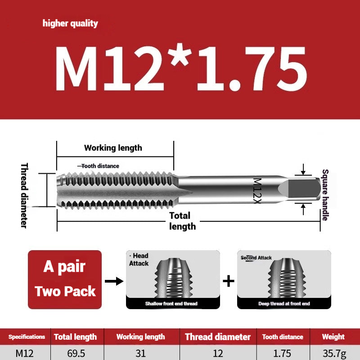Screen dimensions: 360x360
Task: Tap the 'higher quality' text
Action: pos(70,23)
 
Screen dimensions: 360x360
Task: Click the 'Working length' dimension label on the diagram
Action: pos(113,148)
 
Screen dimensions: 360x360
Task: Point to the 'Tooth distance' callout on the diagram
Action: pos(100,166)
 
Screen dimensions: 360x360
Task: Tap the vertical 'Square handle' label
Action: pos(325,194)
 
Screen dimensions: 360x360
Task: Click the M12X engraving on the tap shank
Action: pos(257,190)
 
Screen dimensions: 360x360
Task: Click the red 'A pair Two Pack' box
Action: pos(65,279)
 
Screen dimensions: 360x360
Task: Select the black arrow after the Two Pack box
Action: pos(113,281)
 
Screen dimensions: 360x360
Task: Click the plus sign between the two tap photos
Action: pos(229,281)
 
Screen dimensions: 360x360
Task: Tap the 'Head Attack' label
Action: pos(139,260)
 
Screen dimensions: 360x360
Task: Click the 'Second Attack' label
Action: pos(256,258)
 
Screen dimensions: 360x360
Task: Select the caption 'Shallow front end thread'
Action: pos(171,304)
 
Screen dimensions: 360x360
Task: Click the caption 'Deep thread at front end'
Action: pos(283,304)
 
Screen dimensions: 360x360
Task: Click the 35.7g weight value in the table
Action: pos(333,353)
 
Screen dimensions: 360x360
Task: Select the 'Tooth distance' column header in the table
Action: pos(283,337)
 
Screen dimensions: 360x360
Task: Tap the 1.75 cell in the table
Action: pos(283,353)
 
